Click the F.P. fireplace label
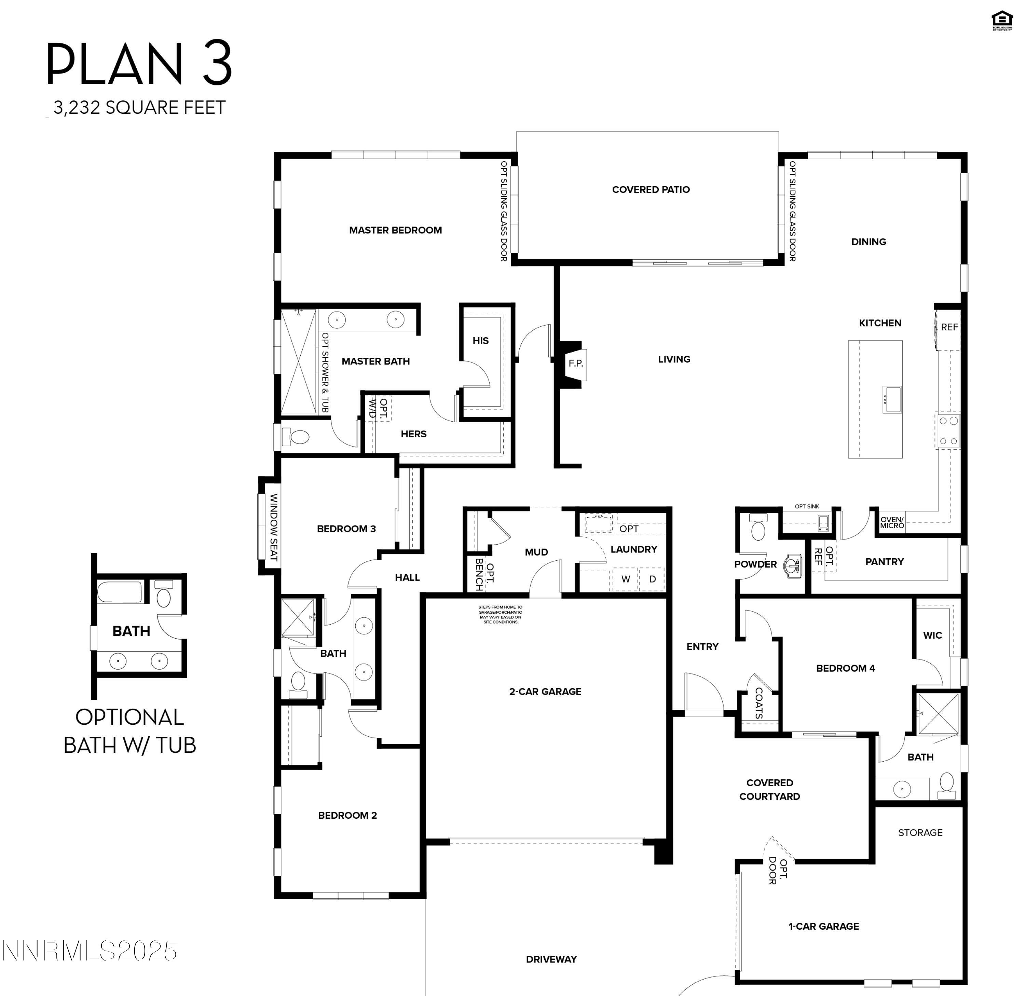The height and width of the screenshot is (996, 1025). coord(575,363)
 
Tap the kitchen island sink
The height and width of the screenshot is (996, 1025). coord(892,399)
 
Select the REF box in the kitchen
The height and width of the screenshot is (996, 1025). coord(949,327)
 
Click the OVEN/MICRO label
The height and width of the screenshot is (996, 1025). coord(892,522)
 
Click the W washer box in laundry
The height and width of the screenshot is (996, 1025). coord(626,579)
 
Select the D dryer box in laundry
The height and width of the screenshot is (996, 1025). coord(652,579)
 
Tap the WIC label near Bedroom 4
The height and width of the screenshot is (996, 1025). coord(932,635)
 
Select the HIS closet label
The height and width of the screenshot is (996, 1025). coord(480,341)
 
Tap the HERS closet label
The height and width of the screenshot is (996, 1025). coord(413,434)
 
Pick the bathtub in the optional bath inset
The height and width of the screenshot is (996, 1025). coord(120,592)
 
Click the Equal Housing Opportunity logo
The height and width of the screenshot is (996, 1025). coord(1002,21)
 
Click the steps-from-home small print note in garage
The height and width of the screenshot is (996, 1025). coord(501,615)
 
